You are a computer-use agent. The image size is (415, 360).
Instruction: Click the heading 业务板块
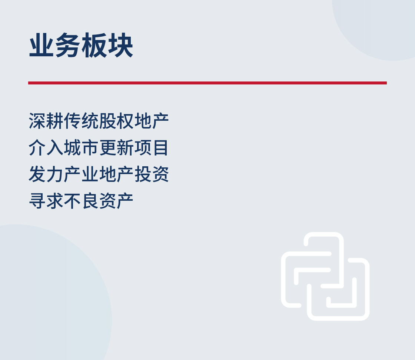click(81, 45)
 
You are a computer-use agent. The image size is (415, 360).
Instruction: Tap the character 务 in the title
click(68, 45)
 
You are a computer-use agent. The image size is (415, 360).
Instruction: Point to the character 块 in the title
click(120, 45)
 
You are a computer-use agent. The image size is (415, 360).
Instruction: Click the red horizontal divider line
click(207, 83)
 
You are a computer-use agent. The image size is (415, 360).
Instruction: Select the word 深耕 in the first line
click(46, 121)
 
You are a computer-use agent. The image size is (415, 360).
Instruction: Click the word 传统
click(81, 121)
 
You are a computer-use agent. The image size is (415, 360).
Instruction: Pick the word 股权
click(116, 121)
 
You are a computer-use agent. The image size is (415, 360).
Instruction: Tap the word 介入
click(46, 148)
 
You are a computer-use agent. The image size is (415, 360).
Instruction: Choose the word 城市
click(81, 148)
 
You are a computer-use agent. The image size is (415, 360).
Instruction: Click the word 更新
click(116, 148)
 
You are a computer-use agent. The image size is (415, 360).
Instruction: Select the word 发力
click(46, 174)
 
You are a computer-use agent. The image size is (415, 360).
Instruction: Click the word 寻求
click(46, 201)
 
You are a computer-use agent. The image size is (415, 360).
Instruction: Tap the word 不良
click(81, 201)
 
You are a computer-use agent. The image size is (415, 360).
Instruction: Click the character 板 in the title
click(94, 45)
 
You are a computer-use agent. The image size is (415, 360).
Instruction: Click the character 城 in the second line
click(73, 148)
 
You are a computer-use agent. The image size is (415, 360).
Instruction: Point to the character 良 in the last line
click(90, 201)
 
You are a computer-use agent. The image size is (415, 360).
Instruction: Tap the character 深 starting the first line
click(37, 121)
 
